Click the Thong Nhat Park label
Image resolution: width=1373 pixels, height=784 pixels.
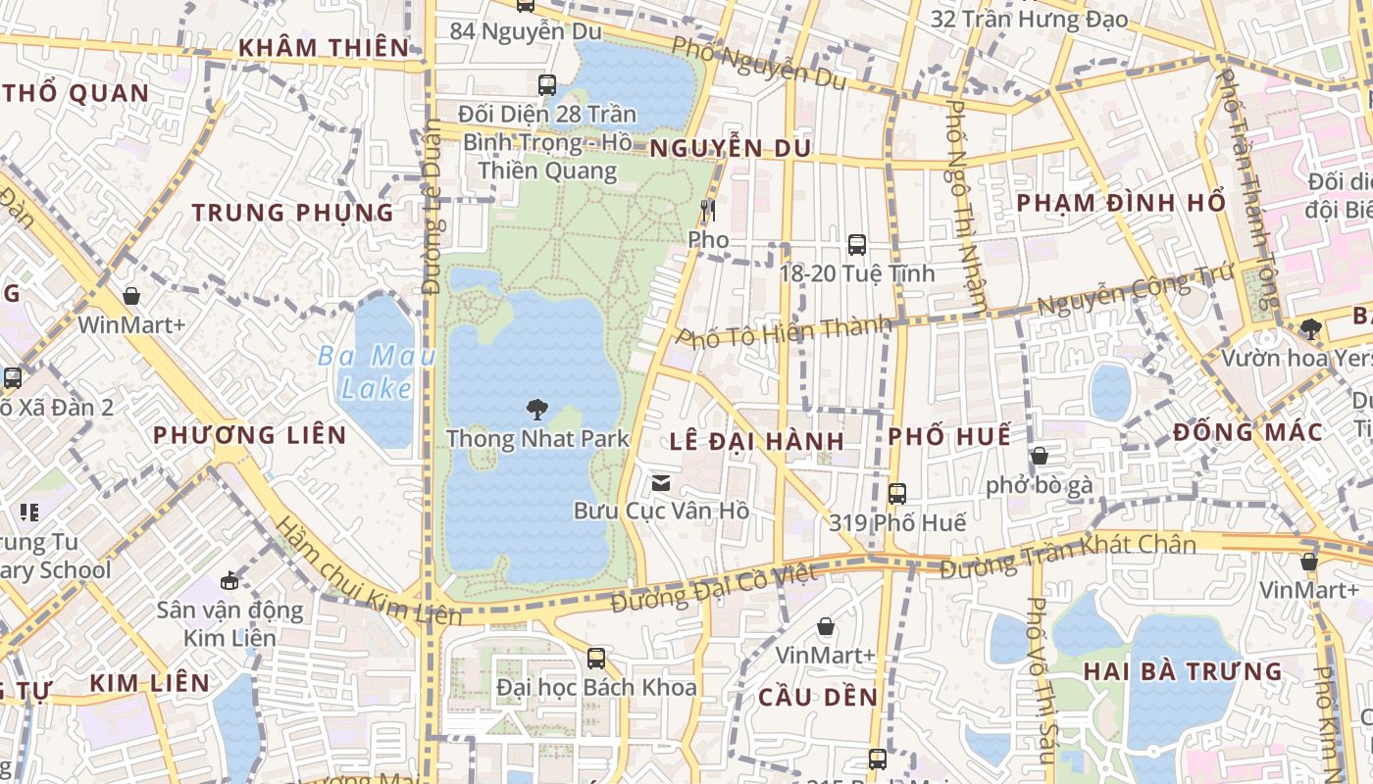click(x=537, y=438)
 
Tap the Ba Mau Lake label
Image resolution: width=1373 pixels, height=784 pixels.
click(x=378, y=371)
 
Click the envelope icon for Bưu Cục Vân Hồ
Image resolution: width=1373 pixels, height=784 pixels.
click(x=661, y=482)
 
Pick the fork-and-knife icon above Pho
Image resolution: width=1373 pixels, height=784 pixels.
click(x=708, y=211)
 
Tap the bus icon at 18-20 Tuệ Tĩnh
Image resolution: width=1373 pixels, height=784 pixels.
click(x=856, y=245)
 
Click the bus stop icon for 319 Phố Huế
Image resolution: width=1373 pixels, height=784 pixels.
click(x=896, y=494)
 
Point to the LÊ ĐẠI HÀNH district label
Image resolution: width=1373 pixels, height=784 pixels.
click(x=757, y=441)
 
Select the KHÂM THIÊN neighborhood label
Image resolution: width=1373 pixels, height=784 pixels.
click(x=324, y=48)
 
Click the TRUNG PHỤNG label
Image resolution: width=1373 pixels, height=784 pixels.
click(x=292, y=213)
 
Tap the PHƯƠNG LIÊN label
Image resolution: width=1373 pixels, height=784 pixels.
click(x=250, y=435)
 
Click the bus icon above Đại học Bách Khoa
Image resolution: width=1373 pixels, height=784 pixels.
click(x=595, y=658)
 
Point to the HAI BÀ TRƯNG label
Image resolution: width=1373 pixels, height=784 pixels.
click(x=1183, y=671)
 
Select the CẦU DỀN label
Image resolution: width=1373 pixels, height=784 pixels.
click(x=818, y=697)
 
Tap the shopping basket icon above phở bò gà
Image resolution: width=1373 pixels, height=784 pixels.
click(x=1039, y=456)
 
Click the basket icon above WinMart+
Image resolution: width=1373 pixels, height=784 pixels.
click(x=131, y=296)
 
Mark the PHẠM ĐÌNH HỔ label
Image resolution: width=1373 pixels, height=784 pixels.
click(x=1121, y=203)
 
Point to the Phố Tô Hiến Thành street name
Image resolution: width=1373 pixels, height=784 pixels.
click(x=785, y=333)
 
